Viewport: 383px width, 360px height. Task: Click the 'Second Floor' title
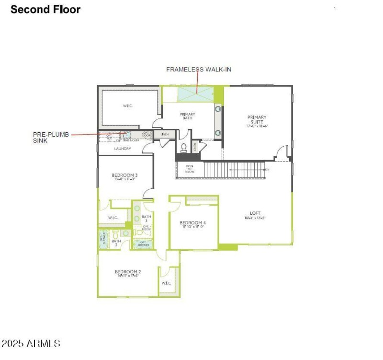pos(45,9)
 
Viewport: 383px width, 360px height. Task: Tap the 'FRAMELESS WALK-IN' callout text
pos(199,70)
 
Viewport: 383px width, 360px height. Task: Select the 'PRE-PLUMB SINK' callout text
pos(48,138)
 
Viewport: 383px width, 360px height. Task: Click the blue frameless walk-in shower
pos(195,94)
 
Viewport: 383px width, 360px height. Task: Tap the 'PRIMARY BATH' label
pos(187,116)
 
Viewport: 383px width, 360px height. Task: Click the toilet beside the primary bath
pos(183,147)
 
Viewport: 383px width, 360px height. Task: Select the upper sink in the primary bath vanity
pos(218,109)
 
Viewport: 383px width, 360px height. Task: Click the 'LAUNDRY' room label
pos(122,149)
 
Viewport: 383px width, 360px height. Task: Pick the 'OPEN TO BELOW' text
pos(190,169)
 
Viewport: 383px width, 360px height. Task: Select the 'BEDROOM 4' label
pos(192,223)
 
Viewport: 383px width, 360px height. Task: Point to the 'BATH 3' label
pos(146,218)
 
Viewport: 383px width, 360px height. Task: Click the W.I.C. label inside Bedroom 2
pos(166,283)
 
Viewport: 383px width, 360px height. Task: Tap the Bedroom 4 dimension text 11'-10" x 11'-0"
pos(192,227)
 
